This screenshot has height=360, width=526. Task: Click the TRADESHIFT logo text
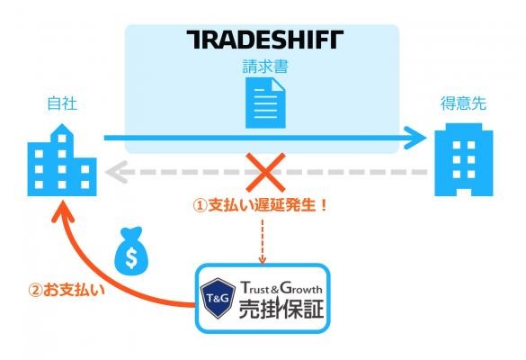click(265, 40)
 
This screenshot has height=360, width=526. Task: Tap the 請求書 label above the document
click(265, 67)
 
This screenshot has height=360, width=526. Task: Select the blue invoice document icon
click(265, 103)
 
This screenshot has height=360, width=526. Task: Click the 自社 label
click(62, 103)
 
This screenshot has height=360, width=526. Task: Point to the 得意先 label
click(463, 103)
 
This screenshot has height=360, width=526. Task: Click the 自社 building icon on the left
click(62, 160)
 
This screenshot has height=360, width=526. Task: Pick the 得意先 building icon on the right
click(464, 159)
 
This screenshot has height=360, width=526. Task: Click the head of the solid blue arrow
click(416, 138)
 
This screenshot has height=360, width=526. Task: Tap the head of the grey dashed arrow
click(116, 172)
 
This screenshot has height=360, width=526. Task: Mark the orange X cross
click(265, 172)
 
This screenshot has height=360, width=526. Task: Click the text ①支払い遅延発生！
click(261, 205)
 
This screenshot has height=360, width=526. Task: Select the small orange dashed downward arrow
click(263, 241)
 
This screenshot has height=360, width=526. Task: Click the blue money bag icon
click(131, 251)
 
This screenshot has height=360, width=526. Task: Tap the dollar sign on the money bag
click(131, 257)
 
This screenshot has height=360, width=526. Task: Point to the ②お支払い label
click(67, 290)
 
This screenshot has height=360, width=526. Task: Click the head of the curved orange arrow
click(63, 211)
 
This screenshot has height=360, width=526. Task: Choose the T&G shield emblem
click(218, 298)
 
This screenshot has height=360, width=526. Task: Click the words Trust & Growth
click(281, 288)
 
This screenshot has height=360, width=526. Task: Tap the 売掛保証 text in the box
click(281, 309)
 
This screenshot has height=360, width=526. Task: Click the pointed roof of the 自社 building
click(62, 130)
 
